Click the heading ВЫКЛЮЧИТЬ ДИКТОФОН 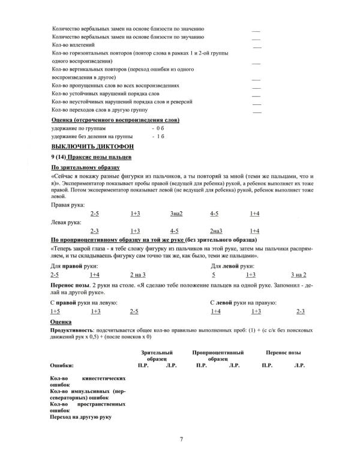[x=92, y=146]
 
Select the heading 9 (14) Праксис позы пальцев [x=91, y=157]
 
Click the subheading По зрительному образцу [x=86, y=167]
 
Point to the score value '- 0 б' [x=158, y=128]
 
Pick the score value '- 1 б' [x=158, y=137]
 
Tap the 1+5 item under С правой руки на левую [x=55, y=311]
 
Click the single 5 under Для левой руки [x=214, y=274]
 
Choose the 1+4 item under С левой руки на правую [x=216, y=311]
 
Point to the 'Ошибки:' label [x=62, y=365]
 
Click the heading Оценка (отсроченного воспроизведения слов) [x=115, y=120]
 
